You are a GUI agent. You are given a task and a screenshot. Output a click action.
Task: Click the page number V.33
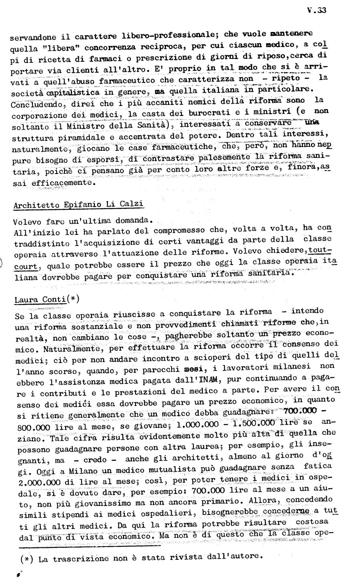[x=318, y=11]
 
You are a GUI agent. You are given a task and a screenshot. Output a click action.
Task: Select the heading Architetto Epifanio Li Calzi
[x=79, y=204]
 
